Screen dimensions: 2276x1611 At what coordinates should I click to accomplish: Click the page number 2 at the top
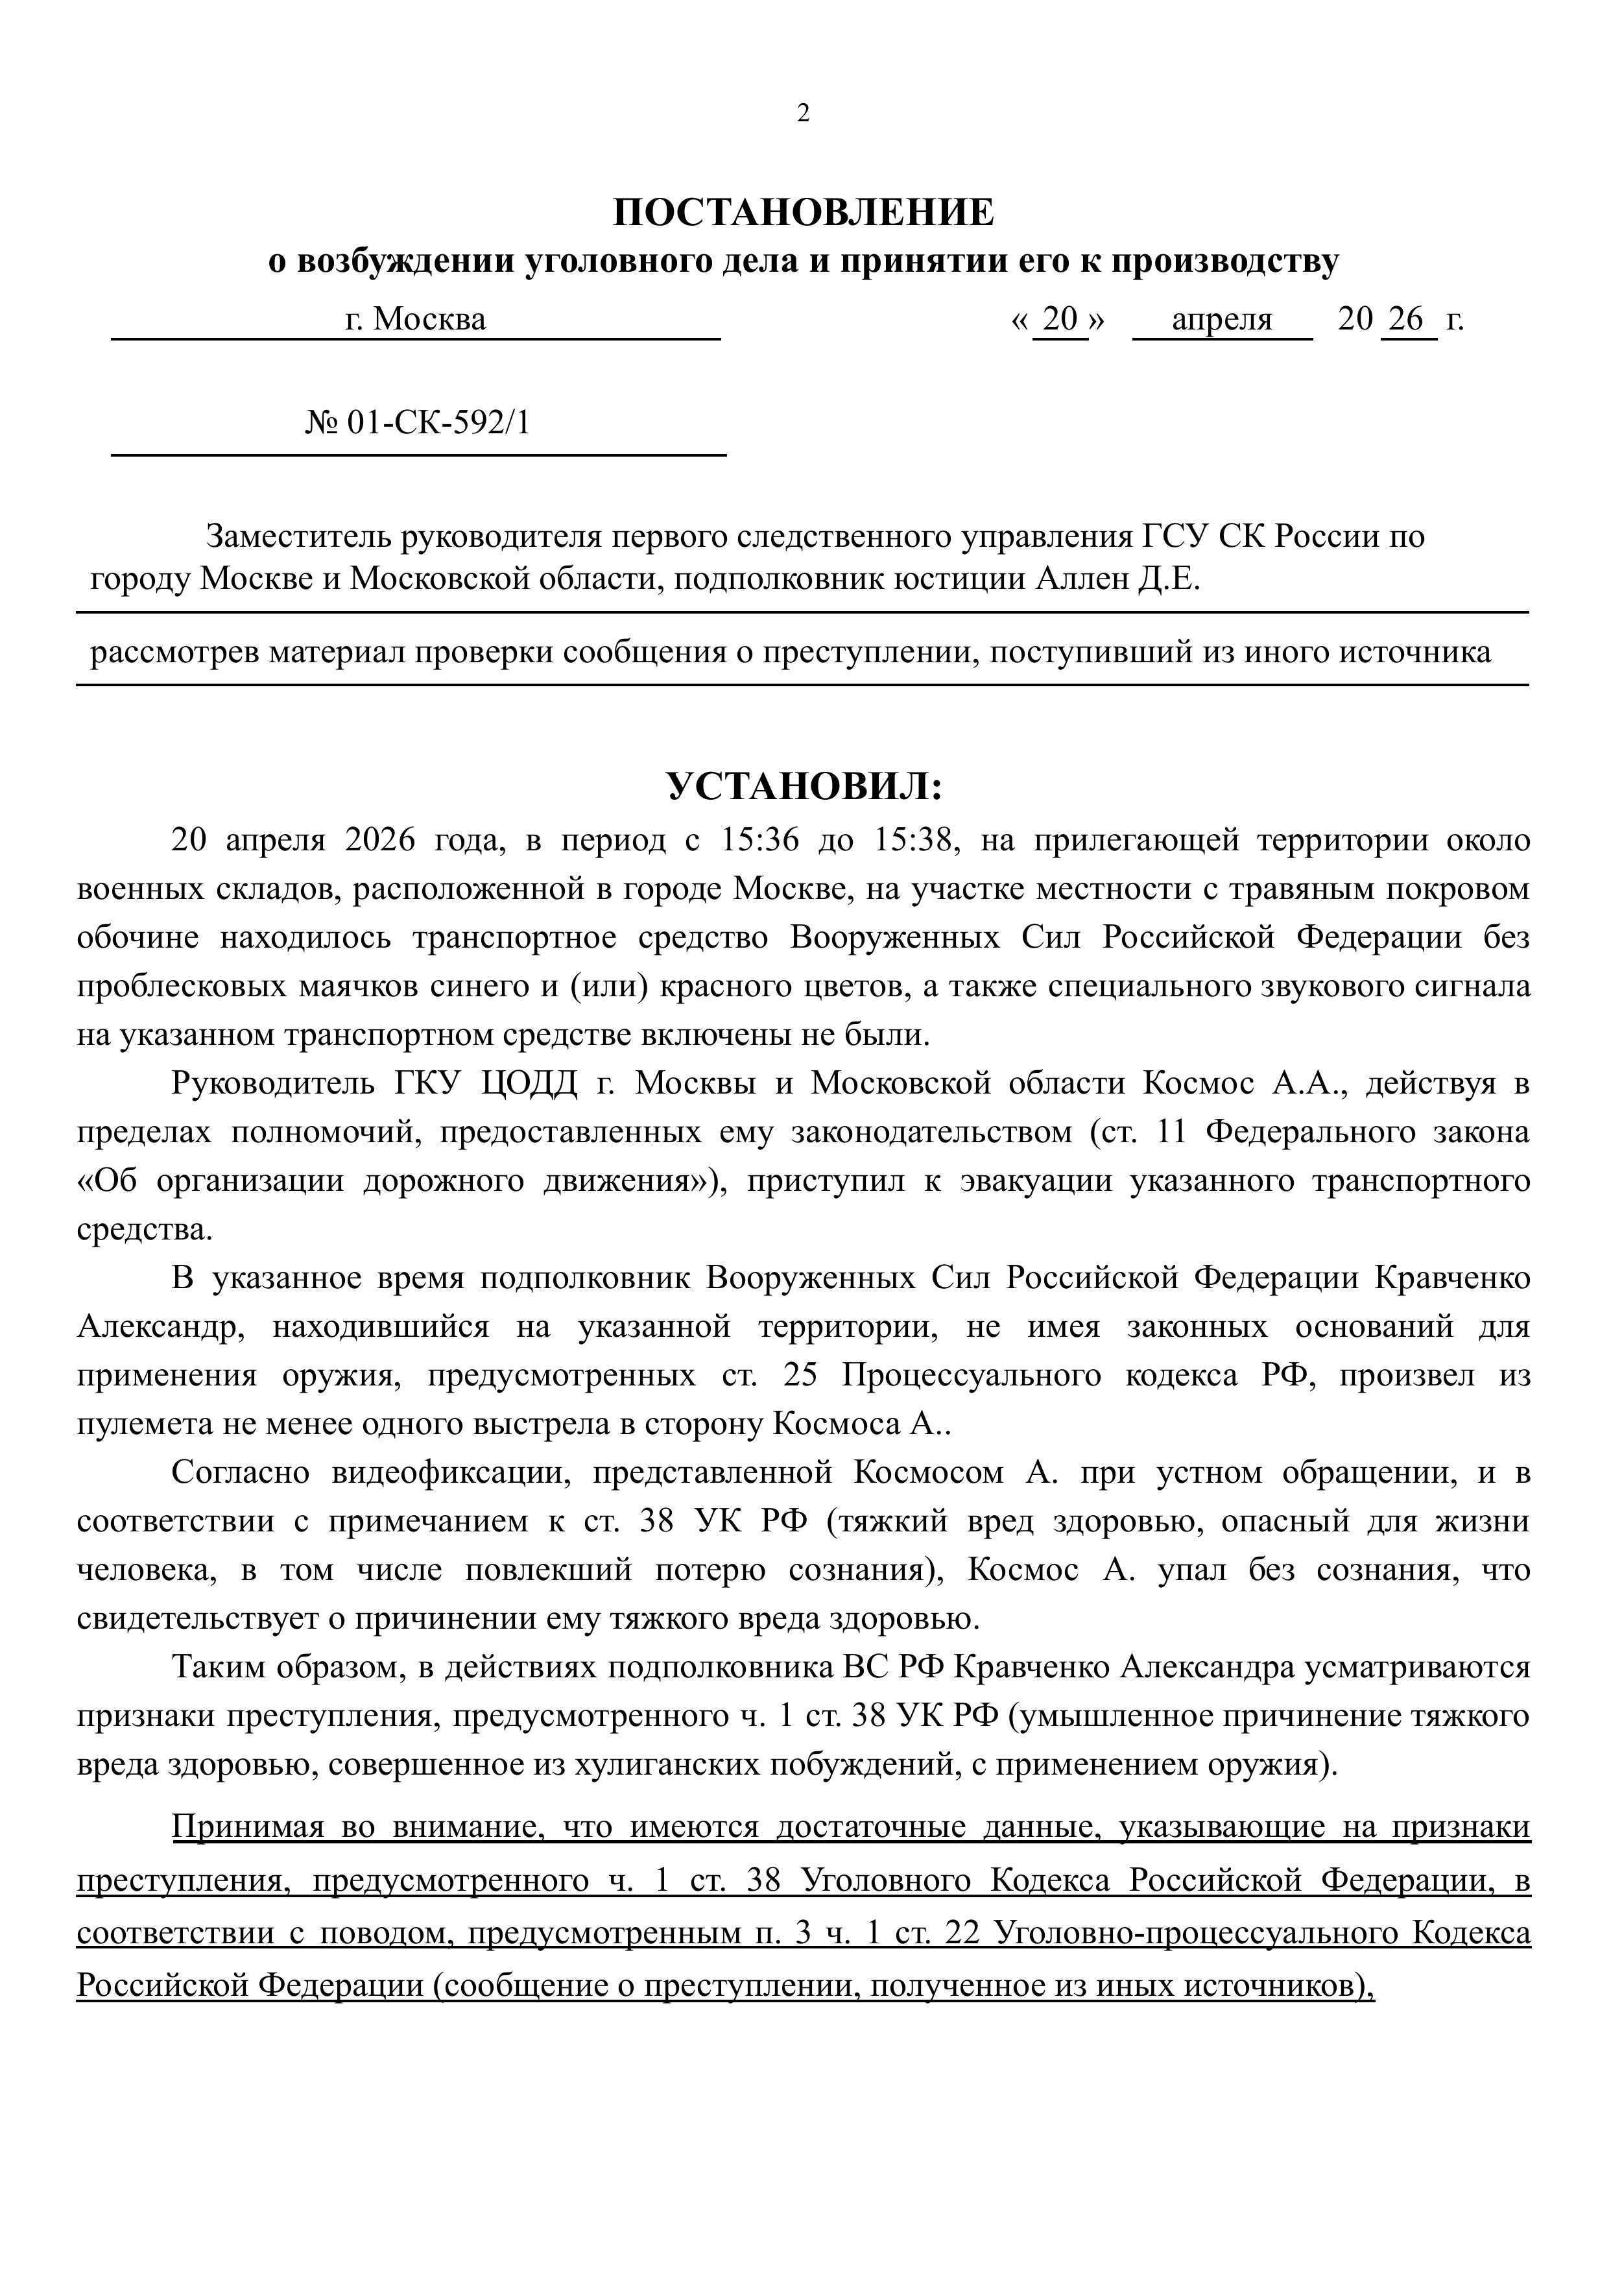[x=804, y=113]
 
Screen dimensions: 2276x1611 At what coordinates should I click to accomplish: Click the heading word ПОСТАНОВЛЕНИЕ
[x=804, y=211]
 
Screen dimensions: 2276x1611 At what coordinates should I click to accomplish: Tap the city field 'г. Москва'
[x=416, y=320]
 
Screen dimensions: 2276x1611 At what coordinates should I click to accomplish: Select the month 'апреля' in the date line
[x=1221, y=320]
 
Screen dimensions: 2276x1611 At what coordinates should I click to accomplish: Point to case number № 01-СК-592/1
[x=418, y=423]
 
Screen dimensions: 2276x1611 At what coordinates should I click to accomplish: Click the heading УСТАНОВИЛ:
[x=804, y=787]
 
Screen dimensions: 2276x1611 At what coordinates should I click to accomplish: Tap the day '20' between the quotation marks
[x=1060, y=320]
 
